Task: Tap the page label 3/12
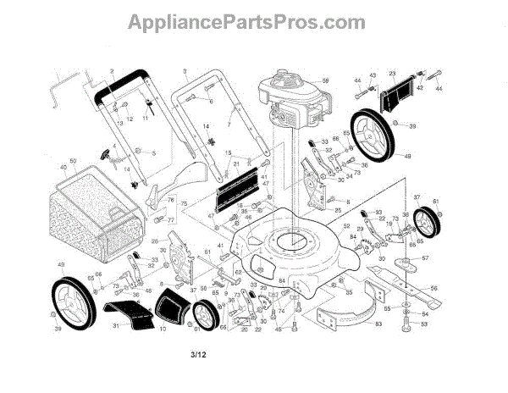197,366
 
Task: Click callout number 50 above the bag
73,161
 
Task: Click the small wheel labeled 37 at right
428,223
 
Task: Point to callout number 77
169,219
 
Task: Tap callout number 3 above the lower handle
184,69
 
